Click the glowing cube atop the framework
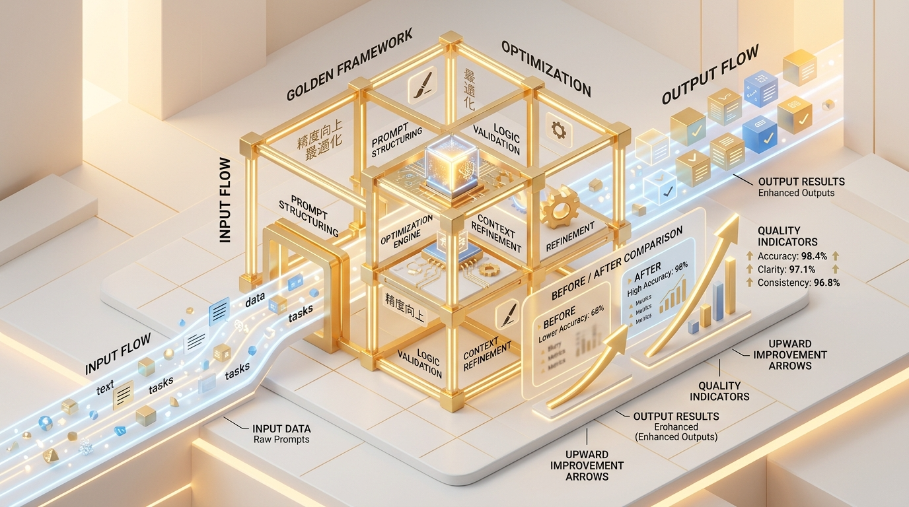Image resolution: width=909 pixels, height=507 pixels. click(x=447, y=162)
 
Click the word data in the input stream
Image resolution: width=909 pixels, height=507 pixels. click(x=255, y=301)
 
